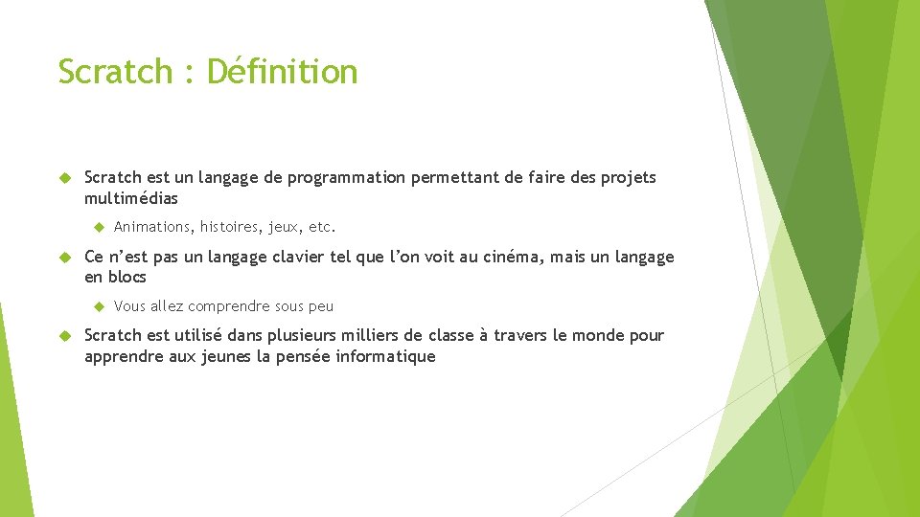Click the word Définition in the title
click(282, 71)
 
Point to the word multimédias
click(131, 198)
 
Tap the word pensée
click(302, 356)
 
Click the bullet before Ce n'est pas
click(66, 257)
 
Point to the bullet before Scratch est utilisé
click(66, 335)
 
